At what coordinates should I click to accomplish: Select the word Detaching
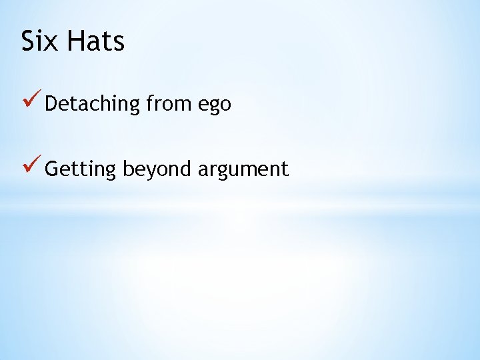click(93, 105)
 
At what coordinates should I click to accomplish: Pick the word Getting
click(81, 169)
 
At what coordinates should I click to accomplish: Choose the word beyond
click(157, 169)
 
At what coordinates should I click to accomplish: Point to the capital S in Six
click(28, 41)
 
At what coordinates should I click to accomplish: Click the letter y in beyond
click(146, 172)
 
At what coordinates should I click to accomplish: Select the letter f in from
click(149, 103)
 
